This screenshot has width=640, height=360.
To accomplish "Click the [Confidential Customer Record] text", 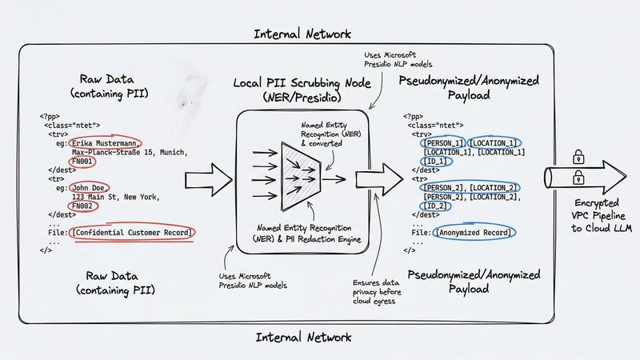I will pyautogui.click(x=133, y=232).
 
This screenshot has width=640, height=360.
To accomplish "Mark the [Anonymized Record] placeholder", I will pyautogui.click(x=474, y=232).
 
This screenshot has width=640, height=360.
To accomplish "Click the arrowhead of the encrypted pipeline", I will pyautogui.click(x=611, y=170).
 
